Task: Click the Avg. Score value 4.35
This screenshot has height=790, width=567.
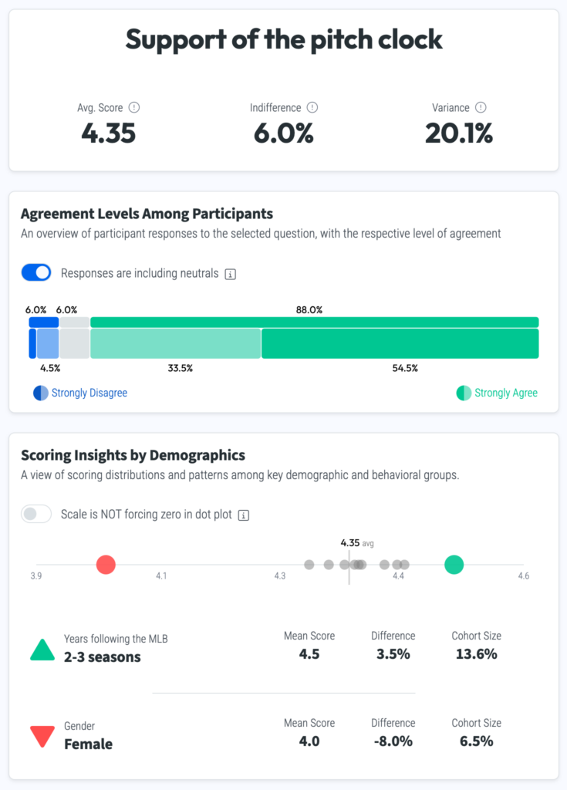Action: click(108, 133)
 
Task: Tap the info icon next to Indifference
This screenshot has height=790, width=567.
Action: click(312, 108)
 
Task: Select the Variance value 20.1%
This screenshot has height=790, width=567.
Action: click(459, 133)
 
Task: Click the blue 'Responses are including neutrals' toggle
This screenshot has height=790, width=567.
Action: click(36, 272)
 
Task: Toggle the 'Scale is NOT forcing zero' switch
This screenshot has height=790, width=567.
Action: click(36, 514)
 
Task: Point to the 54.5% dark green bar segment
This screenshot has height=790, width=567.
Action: click(400, 343)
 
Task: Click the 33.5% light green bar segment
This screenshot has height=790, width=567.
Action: click(176, 343)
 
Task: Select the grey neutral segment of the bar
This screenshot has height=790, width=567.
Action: click(75, 343)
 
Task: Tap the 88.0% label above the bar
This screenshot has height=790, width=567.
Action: click(309, 309)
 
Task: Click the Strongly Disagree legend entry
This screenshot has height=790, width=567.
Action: click(81, 393)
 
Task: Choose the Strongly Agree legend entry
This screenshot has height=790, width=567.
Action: click(498, 393)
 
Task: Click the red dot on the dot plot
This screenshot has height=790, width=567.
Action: click(106, 565)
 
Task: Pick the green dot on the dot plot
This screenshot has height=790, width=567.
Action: click(454, 565)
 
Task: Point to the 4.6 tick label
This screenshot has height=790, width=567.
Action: click(523, 576)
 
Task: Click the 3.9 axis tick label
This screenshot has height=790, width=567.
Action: click(35, 576)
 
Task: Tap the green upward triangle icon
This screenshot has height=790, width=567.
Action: click(42, 650)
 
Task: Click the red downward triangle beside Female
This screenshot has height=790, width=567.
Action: click(42, 737)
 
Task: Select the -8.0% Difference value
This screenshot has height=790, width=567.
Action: click(393, 741)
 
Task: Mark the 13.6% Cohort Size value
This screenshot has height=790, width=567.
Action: click(476, 653)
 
